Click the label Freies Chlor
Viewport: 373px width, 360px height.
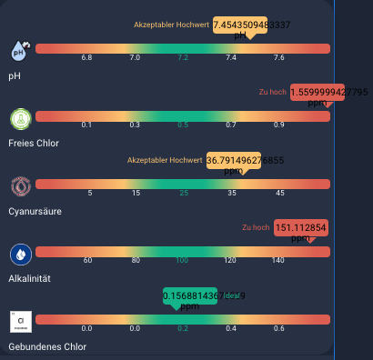click(34, 143)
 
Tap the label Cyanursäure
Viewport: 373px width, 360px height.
click(35, 211)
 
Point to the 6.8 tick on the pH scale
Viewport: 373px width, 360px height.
click(86, 57)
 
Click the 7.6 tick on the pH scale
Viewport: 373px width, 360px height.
click(278, 57)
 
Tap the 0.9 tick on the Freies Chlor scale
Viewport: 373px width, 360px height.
click(278, 125)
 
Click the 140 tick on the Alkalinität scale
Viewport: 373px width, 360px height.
click(278, 261)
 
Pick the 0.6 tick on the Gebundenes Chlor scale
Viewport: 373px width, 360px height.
click(278, 328)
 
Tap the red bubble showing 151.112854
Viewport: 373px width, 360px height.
click(300, 228)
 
